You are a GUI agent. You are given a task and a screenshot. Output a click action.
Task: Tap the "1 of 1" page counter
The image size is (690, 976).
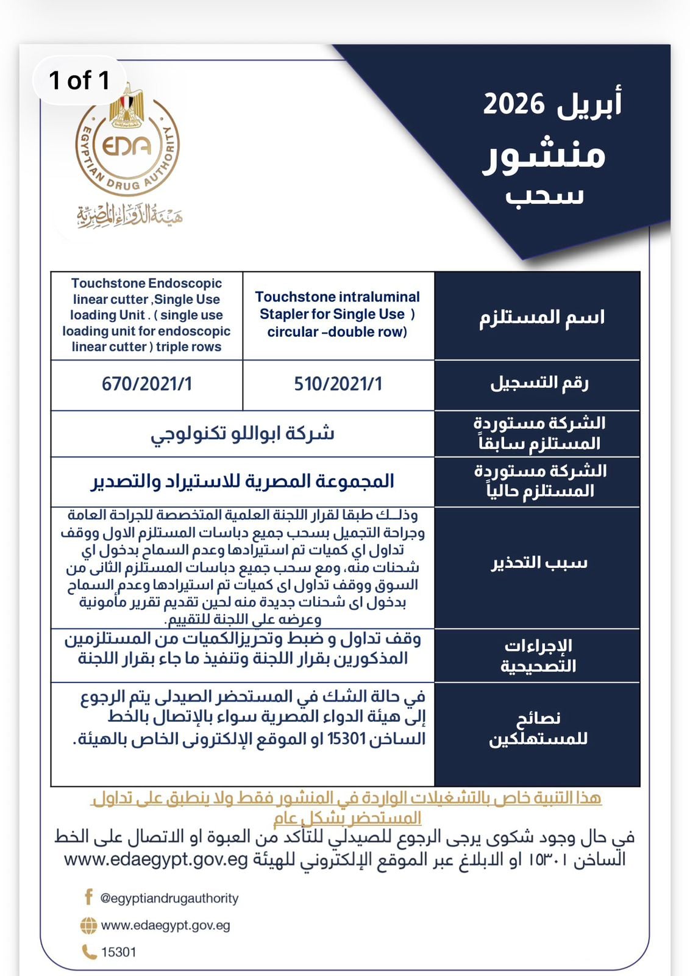79,80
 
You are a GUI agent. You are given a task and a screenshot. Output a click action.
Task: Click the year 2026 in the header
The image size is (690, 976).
513,104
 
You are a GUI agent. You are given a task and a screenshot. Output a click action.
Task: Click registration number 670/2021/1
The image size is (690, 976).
147,384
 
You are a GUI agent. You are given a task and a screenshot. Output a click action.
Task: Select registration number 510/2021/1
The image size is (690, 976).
338,384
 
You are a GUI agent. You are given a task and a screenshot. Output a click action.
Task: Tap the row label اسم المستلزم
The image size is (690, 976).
541,317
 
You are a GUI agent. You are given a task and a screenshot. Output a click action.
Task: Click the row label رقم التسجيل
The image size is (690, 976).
539,383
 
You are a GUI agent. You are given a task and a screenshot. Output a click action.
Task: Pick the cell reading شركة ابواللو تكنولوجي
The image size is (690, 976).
243,434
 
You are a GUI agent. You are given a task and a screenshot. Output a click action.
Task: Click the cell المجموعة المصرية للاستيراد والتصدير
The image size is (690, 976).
243,481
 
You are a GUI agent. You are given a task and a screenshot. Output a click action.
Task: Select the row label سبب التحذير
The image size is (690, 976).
539,562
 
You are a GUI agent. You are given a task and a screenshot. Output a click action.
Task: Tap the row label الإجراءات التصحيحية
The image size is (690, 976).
538,655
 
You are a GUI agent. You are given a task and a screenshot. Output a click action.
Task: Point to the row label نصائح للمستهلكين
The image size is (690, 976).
538,728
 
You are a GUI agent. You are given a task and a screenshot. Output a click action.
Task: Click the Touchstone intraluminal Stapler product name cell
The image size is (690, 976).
338,314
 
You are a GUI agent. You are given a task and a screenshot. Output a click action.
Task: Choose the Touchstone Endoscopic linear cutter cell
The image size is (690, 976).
146,315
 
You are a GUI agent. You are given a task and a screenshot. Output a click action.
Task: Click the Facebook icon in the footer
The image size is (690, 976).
88,897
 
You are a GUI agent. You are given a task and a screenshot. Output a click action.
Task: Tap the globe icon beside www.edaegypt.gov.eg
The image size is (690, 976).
88,925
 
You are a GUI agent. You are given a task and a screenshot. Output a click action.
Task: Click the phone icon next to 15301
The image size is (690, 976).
89,952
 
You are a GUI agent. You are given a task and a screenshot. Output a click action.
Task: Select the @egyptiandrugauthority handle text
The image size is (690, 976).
169,898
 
